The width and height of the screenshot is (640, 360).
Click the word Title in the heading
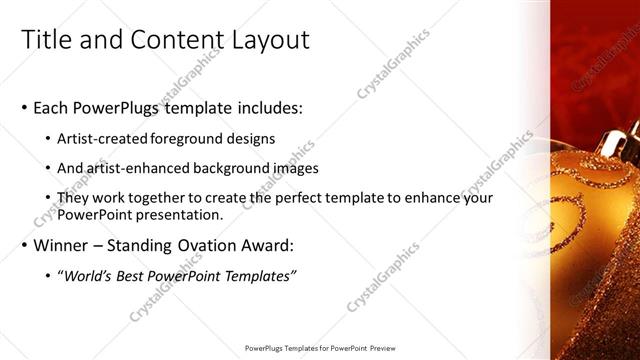pos(46,40)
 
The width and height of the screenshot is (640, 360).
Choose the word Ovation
pos(207,245)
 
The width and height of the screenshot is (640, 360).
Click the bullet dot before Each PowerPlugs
pos(24,108)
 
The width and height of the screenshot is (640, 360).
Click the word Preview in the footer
pos(380,348)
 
